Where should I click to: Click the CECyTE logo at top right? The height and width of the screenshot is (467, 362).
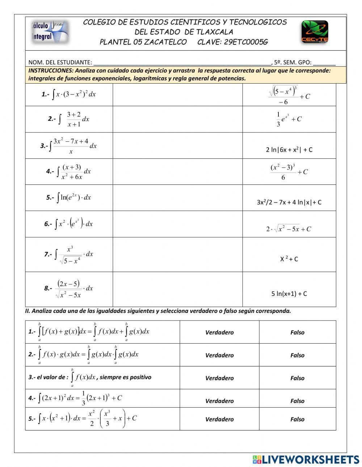tap(315, 32)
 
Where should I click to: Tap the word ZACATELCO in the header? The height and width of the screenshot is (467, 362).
tap(165, 42)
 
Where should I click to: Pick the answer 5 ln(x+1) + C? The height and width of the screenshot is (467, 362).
tap(289, 294)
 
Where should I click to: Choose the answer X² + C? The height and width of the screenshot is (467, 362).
tap(289, 259)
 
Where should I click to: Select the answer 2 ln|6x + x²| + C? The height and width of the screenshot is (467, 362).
tap(289, 149)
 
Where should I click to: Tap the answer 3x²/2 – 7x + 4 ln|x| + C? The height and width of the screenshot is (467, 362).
tap(289, 202)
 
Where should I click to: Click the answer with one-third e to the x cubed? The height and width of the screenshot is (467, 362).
tap(289, 119)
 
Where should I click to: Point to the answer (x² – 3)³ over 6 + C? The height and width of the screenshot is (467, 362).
tap(289, 172)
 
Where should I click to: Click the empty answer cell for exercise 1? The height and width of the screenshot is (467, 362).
tap(177, 95)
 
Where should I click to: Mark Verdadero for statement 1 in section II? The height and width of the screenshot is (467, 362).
tap(219, 332)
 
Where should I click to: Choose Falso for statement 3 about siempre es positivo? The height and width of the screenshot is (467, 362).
tap(297, 378)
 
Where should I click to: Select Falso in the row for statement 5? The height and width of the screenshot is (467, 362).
tap(297, 419)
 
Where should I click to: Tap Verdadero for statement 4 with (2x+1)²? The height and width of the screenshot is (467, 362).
tap(219, 401)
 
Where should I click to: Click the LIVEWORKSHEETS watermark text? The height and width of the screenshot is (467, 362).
tap(311, 459)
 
